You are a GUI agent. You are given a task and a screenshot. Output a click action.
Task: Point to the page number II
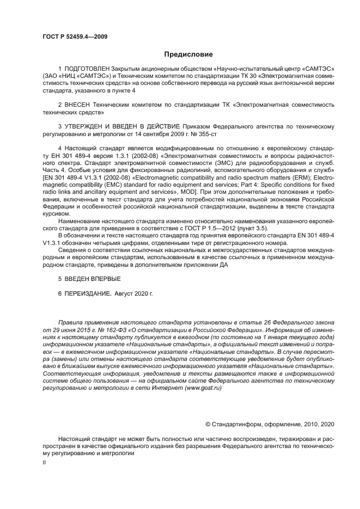click(45, 462)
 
